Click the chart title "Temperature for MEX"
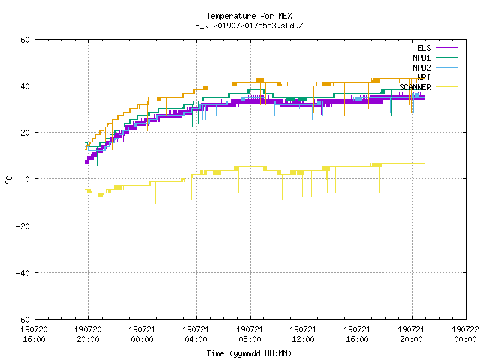249,16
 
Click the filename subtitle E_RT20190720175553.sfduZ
249,25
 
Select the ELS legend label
424,48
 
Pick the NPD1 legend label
421,58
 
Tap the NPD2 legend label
421,67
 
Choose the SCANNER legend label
415,87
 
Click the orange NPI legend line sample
447,77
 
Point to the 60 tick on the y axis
25,40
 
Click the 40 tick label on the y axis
25,86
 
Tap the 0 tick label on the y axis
27,179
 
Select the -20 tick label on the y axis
23,226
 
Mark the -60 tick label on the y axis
23,319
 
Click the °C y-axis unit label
8,180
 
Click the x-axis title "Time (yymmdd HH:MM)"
249,353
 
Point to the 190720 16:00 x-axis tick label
34,334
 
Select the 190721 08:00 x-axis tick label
250,334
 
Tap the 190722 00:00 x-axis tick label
465,334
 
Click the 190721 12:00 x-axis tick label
303,334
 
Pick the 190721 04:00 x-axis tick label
196,334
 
